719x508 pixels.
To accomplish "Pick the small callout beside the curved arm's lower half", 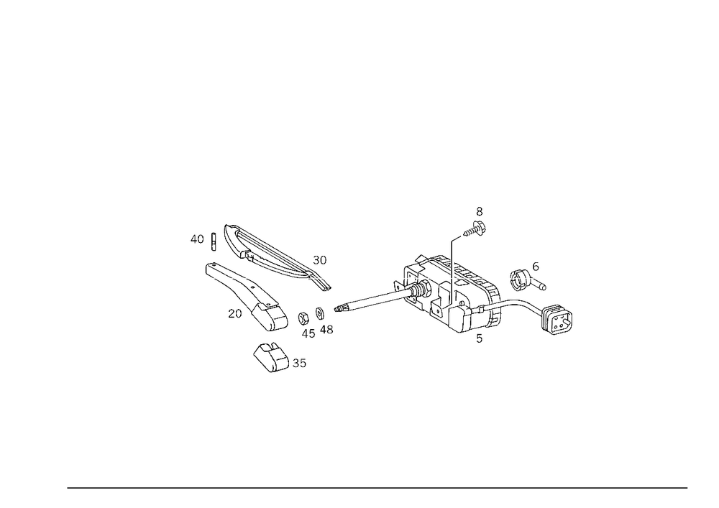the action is pyautogui.click(x=237, y=313).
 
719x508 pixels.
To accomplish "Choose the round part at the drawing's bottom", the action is pyautogui.click(x=270, y=356).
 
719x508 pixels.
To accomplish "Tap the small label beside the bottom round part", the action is pyautogui.click(x=299, y=364).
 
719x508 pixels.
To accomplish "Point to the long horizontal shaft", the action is pyautogui.click(x=367, y=302).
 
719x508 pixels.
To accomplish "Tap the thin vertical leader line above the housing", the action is pyautogui.click(x=452, y=266).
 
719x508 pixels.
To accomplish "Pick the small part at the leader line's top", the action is pyautogui.click(x=477, y=223).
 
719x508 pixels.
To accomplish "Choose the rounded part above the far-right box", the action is pyautogui.click(x=527, y=279).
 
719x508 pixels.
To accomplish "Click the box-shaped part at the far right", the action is pyautogui.click(x=557, y=320).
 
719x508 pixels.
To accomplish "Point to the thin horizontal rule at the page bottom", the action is pyautogui.click(x=377, y=486).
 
